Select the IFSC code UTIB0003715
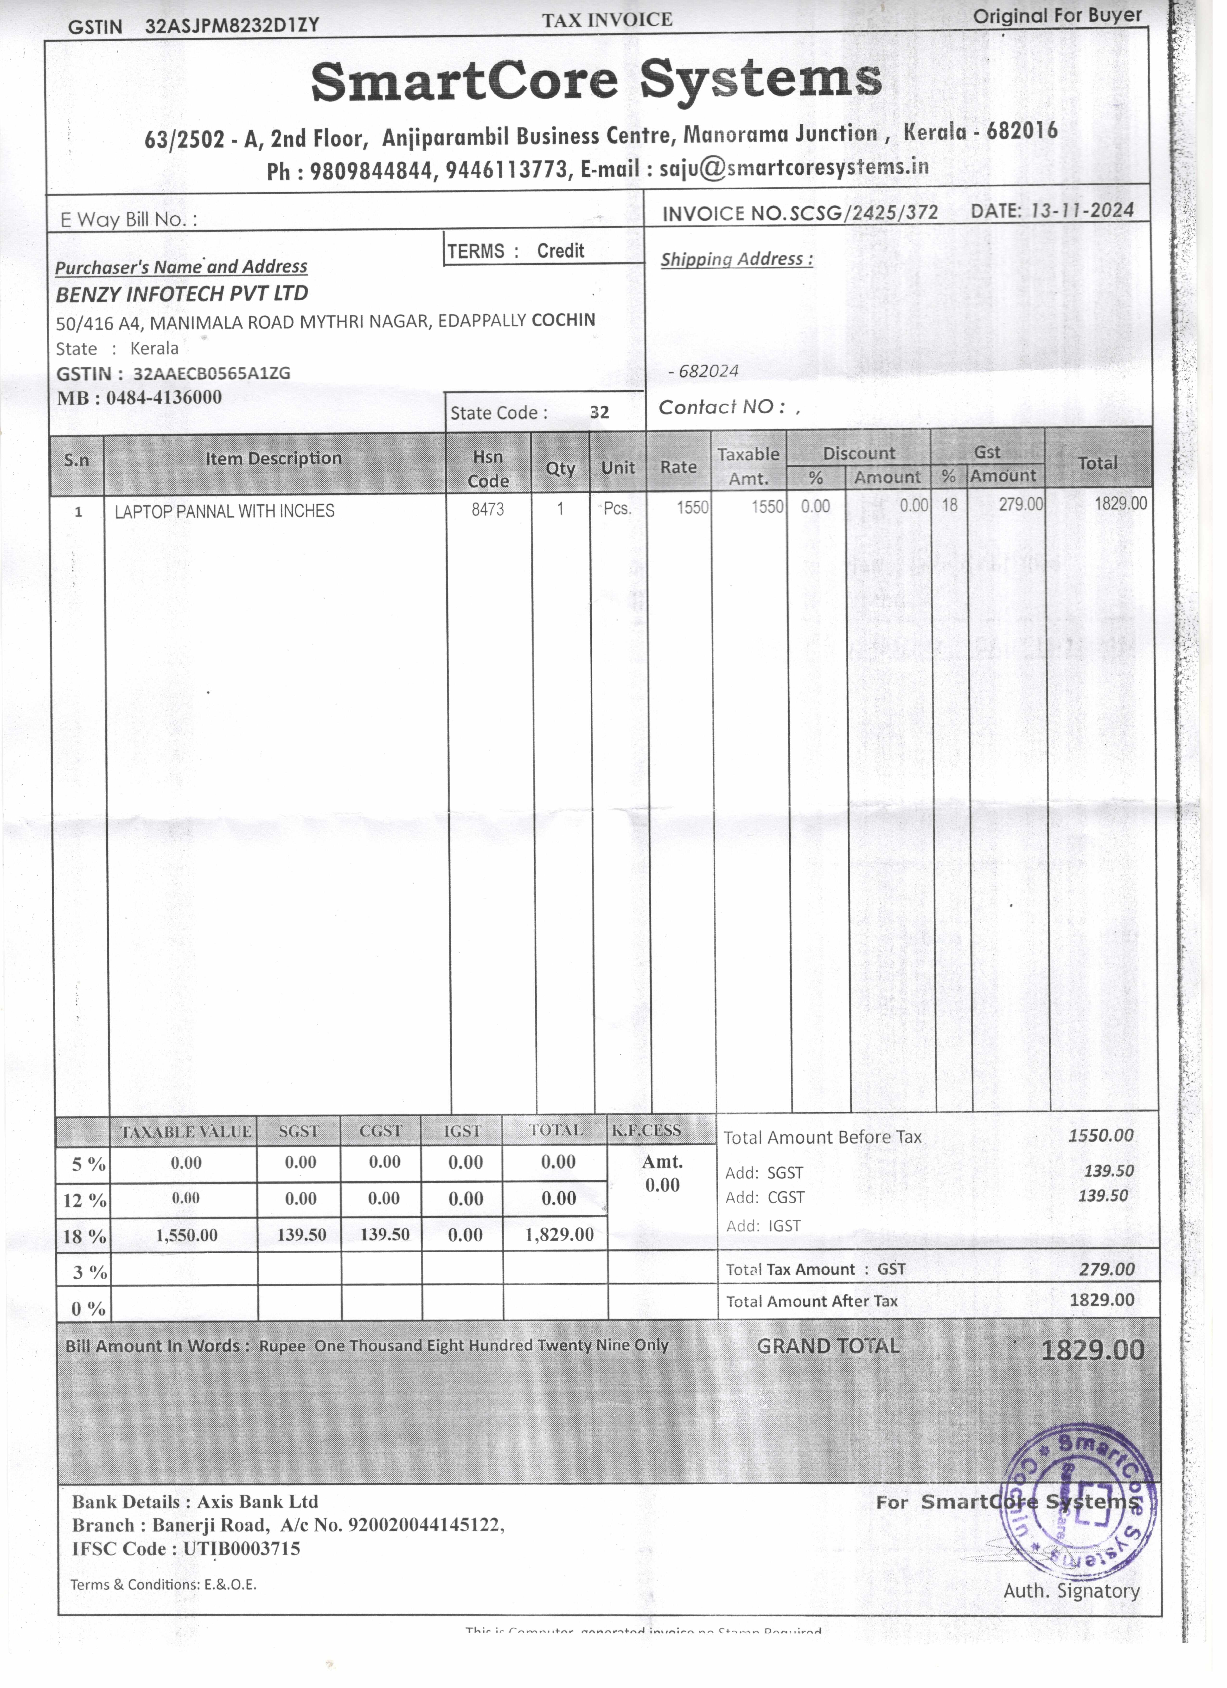238,1549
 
